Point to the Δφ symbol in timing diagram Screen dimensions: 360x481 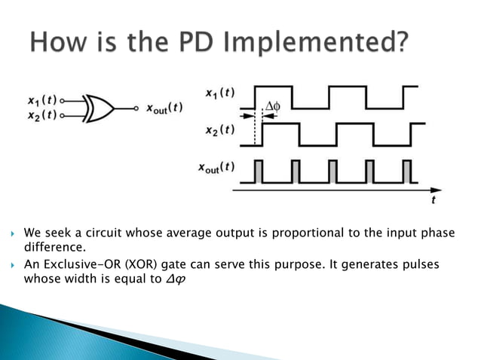(x=271, y=107)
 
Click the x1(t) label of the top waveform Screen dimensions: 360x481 (x=219, y=93)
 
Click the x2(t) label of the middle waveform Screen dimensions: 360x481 (x=219, y=130)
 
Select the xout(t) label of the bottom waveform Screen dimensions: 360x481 (x=218, y=167)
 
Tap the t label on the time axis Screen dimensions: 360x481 (x=433, y=200)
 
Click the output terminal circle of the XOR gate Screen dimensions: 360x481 (x=136, y=108)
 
